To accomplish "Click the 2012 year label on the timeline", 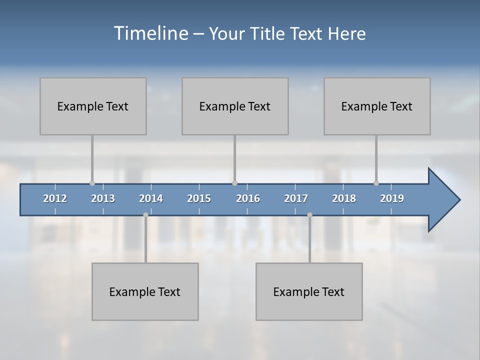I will (55, 198).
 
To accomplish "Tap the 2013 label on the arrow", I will (103, 198).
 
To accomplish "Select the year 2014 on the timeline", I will (151, 198).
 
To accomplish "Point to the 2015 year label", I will (199, 198).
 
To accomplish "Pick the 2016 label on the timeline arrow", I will (248, 198).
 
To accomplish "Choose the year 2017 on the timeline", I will (296, 198).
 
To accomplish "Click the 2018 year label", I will (344, 198).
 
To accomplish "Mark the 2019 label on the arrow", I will (392, 198).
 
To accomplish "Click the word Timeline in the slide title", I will (150, 33).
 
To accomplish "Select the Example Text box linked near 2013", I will (93, 106).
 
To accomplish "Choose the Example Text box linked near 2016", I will (235, 106).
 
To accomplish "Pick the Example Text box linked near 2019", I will (377, 106).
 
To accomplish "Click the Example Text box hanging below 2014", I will (145, 291).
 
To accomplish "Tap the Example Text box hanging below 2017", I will (309, 291).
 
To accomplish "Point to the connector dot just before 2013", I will (92, 183).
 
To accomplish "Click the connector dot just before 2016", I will (234, 183).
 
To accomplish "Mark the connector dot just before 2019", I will (376, 183).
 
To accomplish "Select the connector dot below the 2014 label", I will (145, 215).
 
